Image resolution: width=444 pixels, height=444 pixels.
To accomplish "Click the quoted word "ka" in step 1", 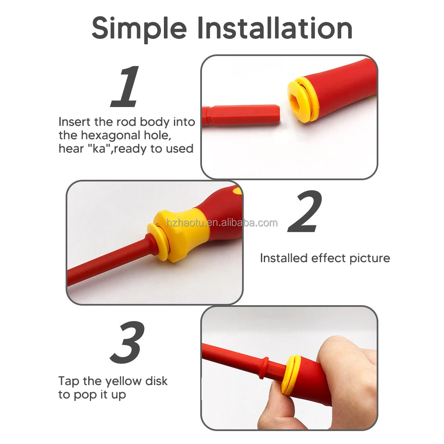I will (x=101, y=149).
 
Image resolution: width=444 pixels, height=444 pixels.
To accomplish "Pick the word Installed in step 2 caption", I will (x=283, y=258).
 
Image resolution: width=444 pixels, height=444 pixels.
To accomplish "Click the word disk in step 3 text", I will (x=156, y=381).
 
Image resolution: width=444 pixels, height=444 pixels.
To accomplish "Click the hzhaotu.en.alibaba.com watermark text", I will (x=222, y=223).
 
